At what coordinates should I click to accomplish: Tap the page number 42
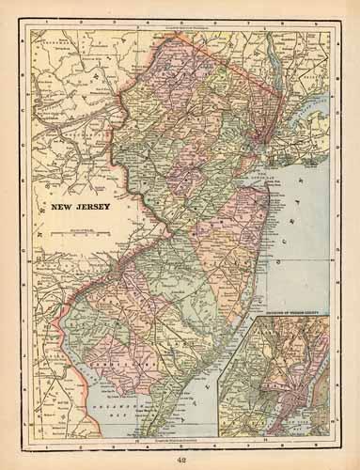[x=180, y=458]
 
